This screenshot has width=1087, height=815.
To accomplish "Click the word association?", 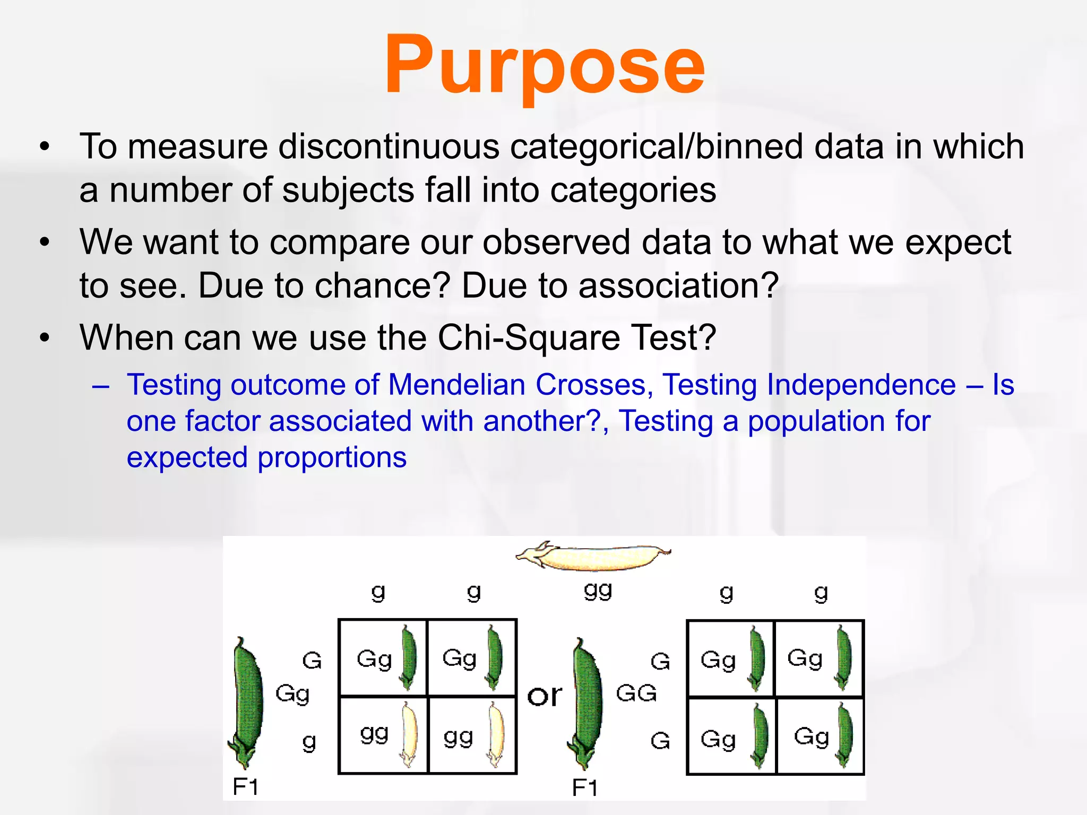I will [x=678, y=285].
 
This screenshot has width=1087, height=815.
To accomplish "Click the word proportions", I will [x=332, y=457].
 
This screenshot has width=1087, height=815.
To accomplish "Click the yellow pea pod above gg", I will [x=593, y=557].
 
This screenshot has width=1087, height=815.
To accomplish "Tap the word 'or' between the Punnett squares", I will [x=544, y=696].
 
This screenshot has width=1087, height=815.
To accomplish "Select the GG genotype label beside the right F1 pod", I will [x=636, y=693].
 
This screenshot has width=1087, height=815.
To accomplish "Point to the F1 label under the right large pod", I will [x=584, y=787].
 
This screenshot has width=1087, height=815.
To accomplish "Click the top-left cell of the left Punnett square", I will [x=383, y=658].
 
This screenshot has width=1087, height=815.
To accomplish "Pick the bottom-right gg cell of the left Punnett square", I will [x=472, y=735].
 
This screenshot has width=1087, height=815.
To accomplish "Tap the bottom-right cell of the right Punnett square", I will [x=820, y=736].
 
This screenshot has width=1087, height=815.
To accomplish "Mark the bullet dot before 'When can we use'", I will [x=45, y=337].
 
